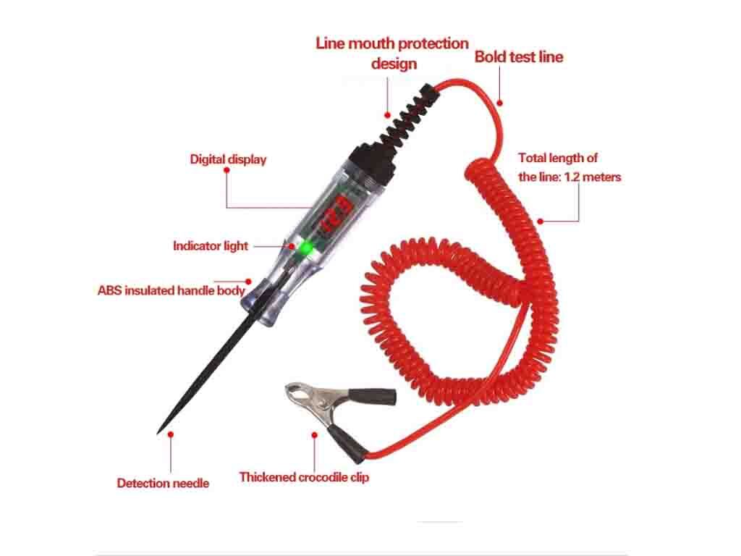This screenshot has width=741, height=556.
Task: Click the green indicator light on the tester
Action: [306, 248]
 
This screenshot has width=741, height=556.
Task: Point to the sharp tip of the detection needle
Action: [158, 433]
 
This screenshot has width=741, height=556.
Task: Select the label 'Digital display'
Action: [228, 159]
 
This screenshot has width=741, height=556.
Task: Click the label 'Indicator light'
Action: [211, 246]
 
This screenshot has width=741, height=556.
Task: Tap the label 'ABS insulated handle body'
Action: [171, 290]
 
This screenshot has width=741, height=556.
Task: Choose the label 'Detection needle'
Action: [163, 483]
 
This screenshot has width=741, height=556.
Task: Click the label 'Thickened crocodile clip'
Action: [304, 477]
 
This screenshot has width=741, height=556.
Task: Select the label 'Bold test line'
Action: [519, 56]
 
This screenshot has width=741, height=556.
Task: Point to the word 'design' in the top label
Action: [394, 64]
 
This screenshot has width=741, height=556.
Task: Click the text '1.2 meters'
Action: [593, 177]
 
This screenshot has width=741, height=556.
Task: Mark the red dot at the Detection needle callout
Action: [171, 434]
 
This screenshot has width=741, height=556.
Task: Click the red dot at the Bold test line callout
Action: [499, 103]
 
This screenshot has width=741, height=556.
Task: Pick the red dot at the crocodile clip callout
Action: [314, 435]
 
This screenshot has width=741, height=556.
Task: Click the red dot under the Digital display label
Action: [226, 169]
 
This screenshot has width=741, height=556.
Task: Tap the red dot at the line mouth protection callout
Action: [388, 115]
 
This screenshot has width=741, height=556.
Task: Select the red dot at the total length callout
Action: [540, 222]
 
